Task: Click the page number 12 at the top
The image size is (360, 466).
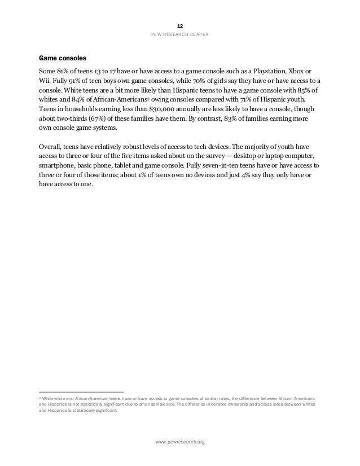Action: (180, 27)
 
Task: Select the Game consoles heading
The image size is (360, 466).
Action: (63, 58)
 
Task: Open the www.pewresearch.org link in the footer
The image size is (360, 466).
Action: (180, 441)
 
